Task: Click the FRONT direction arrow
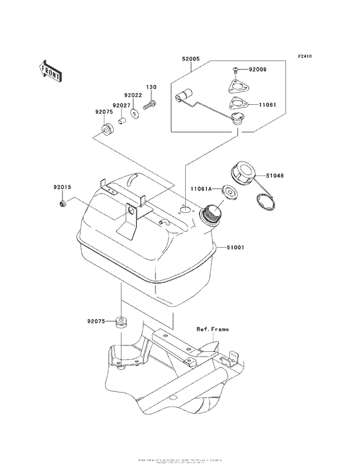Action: point(51,69)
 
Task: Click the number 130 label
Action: point(151,87)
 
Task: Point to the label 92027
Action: point(122,106)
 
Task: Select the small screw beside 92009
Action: point(236,69)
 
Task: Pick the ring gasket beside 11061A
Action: point(227,191)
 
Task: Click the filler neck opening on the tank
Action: point(212,212)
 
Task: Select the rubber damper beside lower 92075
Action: point(120,322)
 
